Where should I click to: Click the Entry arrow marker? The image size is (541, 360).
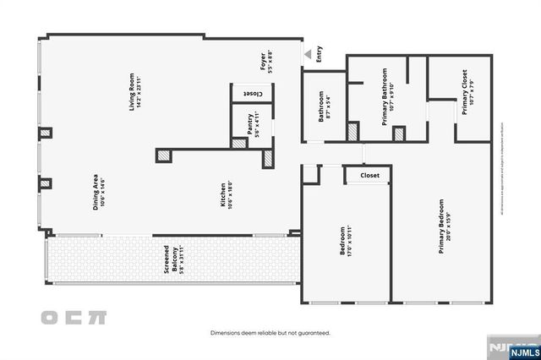point(306,57)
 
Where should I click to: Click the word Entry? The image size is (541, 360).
point(320,56)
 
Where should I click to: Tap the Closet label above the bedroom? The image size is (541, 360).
point(370,176)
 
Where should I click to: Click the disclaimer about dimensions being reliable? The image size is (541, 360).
point(270,333)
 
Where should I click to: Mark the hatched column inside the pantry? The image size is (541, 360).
point(242,144)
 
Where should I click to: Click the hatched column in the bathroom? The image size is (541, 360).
point(352,131)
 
